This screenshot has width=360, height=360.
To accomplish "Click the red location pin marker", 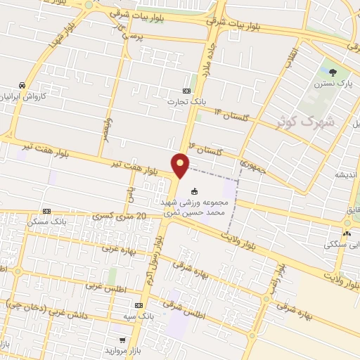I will click(181, 165).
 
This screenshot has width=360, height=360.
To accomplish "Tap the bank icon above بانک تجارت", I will click(186, 91).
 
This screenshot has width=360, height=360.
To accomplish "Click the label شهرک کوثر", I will click(314, 121).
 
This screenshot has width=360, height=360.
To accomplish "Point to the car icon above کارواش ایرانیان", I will click(22, 84).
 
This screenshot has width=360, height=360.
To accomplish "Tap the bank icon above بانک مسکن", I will click(46, 211).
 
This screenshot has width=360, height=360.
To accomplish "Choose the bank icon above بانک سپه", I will click(139, 305).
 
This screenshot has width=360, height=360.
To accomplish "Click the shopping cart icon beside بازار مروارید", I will click(122, 339).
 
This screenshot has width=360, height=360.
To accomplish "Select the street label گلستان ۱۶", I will click(210, 150).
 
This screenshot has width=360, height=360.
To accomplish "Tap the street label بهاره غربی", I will click(117, 248).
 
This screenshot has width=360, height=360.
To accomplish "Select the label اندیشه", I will click(347, 174).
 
